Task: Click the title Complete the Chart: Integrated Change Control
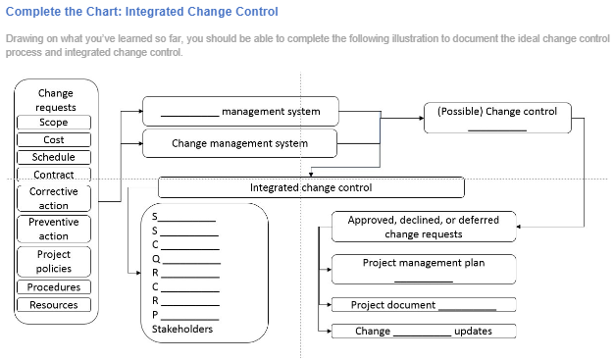pyautogui.click(x=141, y=12)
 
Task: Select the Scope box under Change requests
pyautogui.click(x=54, y=123)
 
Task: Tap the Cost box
pyautogui.click(x=54, y=140)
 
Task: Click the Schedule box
pyautogui.click(x=54, y=157)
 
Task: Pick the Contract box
pyautogui.click(x=54, y=175)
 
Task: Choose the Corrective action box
pyautogui.click(x=54, y=198)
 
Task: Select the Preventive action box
pyautogui.click(x=54, y=229)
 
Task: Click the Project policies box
pyautogui.click(x=54, y=261)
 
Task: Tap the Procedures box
pyautogui.click(x=54, y=287)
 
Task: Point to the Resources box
pyautogui.click(x=54, y=305)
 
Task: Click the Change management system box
pyautogui.click(x=240, y=143)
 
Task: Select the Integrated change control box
pyautogui.click(x=311, y=186)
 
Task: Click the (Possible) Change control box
pyautogui.click(x=496, y=118)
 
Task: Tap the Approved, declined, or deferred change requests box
pyautogui.click(x=424, y=227)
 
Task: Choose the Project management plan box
pyautogui.click(x=424, y=268)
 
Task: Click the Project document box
pyautogui.click(x=424, y=305)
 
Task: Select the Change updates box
pyautogui.click(x=424, y=331)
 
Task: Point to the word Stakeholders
pyautogui.click(x=182, y=330)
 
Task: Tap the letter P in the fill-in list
pyautogui.click(x=155, y=315)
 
